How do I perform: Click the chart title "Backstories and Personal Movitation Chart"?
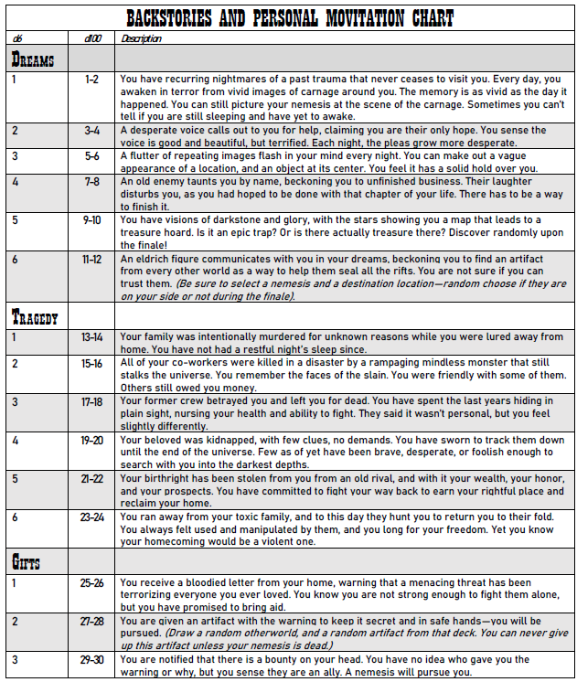tap(289, 18)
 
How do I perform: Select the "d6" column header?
tap(17, 39)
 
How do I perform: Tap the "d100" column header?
tap(91, 39)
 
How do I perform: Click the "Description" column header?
tap(142, 39)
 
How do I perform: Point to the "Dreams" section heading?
tap(33, 59)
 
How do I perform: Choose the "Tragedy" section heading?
tap(35, 318)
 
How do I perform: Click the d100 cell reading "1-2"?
tap(91, 80)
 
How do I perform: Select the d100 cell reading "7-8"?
tap(91, 182)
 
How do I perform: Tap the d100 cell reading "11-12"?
tap(91, 260)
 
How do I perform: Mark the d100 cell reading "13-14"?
tap(91, 337)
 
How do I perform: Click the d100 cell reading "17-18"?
tap(91, 401)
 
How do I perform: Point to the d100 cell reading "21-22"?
tap(91, 478)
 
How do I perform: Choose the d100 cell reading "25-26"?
tap(91, 582)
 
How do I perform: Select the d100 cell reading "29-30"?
tap(91, 659)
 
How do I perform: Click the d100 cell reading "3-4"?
tap(91, 131)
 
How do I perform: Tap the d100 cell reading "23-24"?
tap(91, 517)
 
